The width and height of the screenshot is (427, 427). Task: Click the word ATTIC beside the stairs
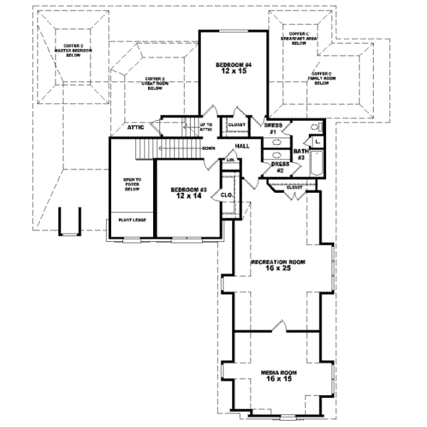pyautogui.click(x=137, y=128)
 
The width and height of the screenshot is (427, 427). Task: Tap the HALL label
pyautogui.click(x=242, y=145)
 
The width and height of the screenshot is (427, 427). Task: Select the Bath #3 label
pyautogui.click(x=301, y=155)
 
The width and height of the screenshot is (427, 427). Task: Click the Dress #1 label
pyautogui.click(x=274, y=129)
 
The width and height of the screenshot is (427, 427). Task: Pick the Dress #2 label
pyautogui.click(x=280, y=167)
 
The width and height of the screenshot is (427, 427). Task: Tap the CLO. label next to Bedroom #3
pyautogui.click(x=228, y=195)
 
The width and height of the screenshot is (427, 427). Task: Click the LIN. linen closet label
pyautogui.click(x=231, y=161)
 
